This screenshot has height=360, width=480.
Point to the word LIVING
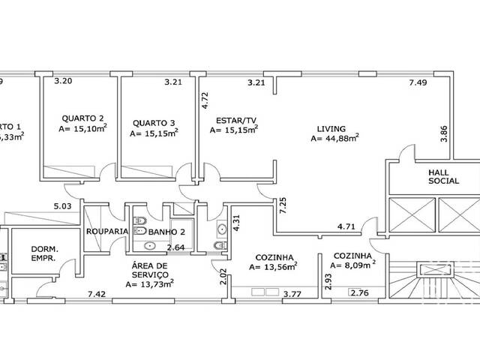point(331,127)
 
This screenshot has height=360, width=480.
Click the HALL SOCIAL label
point(443,176)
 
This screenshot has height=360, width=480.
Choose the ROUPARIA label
point(107,232)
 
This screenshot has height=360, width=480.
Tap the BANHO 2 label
point(165,232)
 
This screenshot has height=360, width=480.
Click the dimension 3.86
point(443,134)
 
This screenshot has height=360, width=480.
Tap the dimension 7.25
point(282,205)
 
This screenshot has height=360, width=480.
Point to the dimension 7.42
point(97,294)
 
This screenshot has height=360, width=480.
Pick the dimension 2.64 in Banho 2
point(175,247)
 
